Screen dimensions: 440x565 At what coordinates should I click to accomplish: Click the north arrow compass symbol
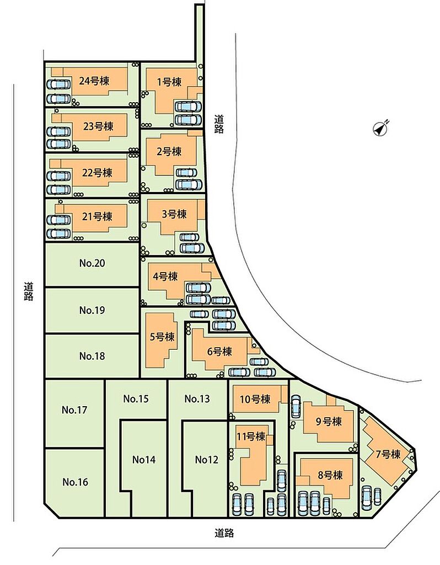pyautogui.click(x=380, y=128)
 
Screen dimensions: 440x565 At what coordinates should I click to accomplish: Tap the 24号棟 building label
pyautogui.click(x=94, y=81)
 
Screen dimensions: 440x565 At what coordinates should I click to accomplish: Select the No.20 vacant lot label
pyautogui.click(x=92, y=263)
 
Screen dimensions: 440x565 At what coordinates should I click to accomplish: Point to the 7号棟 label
pyautogui.click(x=388, y=454)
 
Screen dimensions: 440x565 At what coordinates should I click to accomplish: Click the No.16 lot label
pyautogui.click(x=75, y=482)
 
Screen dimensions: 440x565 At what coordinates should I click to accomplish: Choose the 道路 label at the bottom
pyautogui.click(x=224, y=533)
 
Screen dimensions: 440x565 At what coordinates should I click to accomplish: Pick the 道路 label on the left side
pyautogui.click(x=29, y=291)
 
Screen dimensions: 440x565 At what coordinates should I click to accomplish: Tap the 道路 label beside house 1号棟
pyautogui.click(x=219, y=124)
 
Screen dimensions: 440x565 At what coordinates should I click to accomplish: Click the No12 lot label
pyautogui.click(x=207, y=460)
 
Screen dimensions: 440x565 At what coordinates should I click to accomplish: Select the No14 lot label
pyautogui.click(x=144, y=460)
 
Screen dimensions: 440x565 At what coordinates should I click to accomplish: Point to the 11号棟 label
pyautogui.click(x=251, y=436)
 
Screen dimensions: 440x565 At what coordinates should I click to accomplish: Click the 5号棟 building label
pyautogui.click(x=162, y=337)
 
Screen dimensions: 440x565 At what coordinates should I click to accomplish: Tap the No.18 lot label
pyautogui.click(x=92, y=356)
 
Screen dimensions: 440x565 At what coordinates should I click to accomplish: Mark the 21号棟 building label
pyautogui.click(x=97, y=216)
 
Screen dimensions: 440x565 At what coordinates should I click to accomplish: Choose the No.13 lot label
pyautogui.click(x=197, y=399)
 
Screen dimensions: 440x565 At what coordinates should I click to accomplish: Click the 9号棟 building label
pyautogui.click(x=329, y=421)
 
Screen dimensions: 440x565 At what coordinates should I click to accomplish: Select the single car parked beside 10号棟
pyautogui.click(x=296, y=407)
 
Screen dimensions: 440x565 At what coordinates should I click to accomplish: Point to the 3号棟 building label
pyautogui.click(x=174, y=214)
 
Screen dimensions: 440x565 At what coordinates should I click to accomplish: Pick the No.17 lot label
pyautogui.click(x=74, y=410)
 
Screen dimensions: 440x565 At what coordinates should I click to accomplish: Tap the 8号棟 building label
pyautogui.click(x=330, y=475)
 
